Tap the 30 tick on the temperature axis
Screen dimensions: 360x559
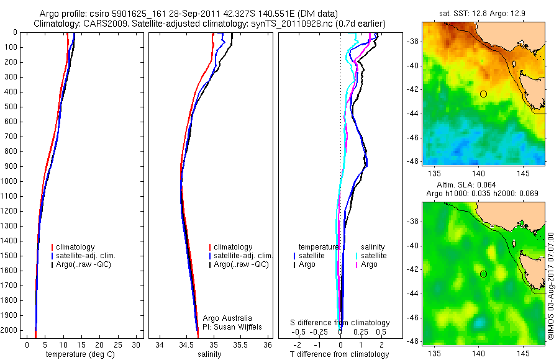coord(137,344)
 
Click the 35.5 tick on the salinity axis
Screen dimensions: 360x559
coord(241,344)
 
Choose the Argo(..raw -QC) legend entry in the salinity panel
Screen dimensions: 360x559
coord(241,264)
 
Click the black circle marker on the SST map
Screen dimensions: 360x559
coord(483,94)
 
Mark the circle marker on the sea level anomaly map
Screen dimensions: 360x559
coord(483,274)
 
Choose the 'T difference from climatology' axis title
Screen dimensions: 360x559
coord(339,354)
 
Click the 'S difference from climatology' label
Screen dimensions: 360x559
coord(340,323)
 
